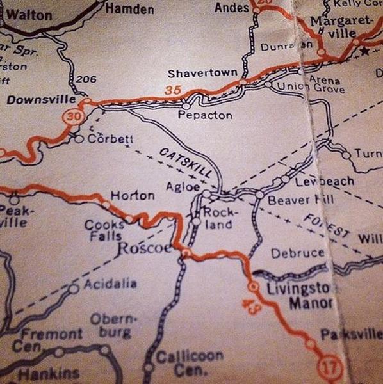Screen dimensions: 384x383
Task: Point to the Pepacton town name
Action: (205, 115)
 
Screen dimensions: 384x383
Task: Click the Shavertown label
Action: (202, 73)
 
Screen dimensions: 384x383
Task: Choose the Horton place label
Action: (133, 195)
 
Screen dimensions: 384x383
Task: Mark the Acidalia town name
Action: (110, 283)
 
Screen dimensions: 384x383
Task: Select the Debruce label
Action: (297, 253)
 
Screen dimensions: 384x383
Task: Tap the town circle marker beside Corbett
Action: (79, 138)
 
